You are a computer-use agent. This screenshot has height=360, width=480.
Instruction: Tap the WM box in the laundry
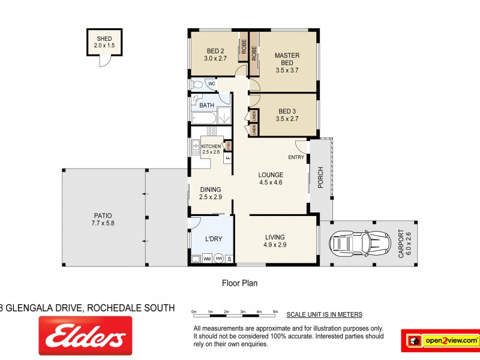coord(207,259)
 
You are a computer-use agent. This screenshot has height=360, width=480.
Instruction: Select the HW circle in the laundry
coord(219,259)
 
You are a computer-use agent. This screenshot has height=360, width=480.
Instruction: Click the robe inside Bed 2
coord(244,47)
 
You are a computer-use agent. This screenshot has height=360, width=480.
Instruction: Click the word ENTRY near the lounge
coord(296,158)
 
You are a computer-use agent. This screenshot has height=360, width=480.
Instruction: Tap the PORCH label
coord(320,177)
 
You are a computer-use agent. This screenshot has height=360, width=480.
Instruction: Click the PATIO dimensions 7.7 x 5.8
coord(103,224)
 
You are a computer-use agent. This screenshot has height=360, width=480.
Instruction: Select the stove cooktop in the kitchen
coord(211,131)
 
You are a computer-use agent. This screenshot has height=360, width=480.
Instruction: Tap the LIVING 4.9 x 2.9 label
coord(275,241)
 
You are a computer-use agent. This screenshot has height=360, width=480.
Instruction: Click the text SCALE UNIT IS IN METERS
coord(323,314)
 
